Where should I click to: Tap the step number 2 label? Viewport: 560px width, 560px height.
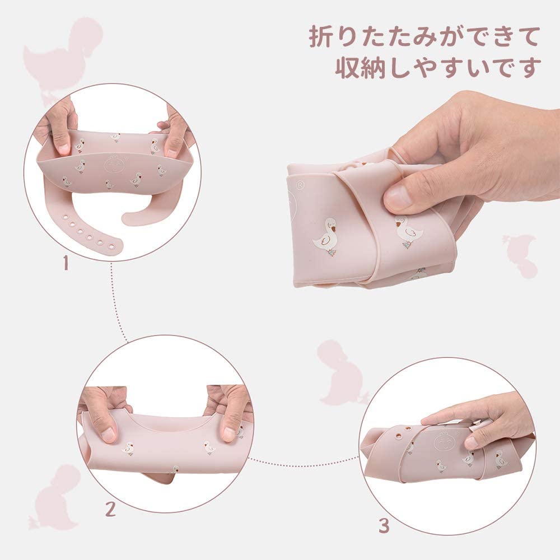(x=110, y=508)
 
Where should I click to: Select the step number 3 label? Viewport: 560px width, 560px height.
(x=384, y=525)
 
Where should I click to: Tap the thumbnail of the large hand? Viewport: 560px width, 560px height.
(x=399, y=197)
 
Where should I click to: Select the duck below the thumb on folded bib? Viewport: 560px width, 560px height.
(x=407, y=230)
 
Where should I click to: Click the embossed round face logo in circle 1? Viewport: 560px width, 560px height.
(x=115, y=166)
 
